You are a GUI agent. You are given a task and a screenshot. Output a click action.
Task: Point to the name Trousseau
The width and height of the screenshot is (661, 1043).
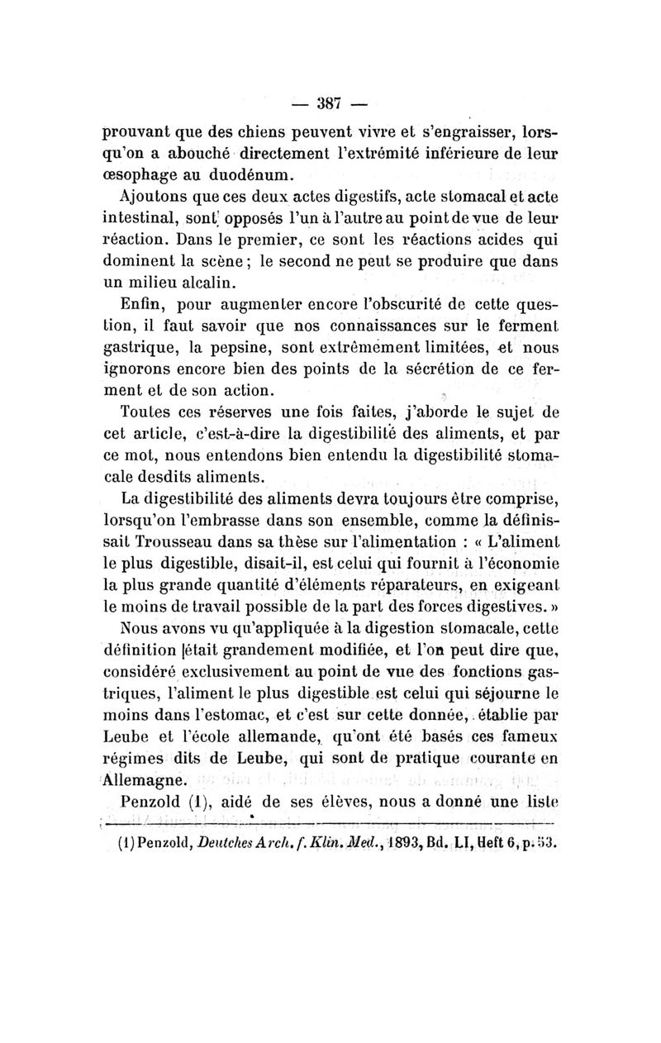click(x=187, y=544)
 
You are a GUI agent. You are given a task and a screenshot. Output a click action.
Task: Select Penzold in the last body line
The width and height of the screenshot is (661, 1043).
click(x=150, y=802)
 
